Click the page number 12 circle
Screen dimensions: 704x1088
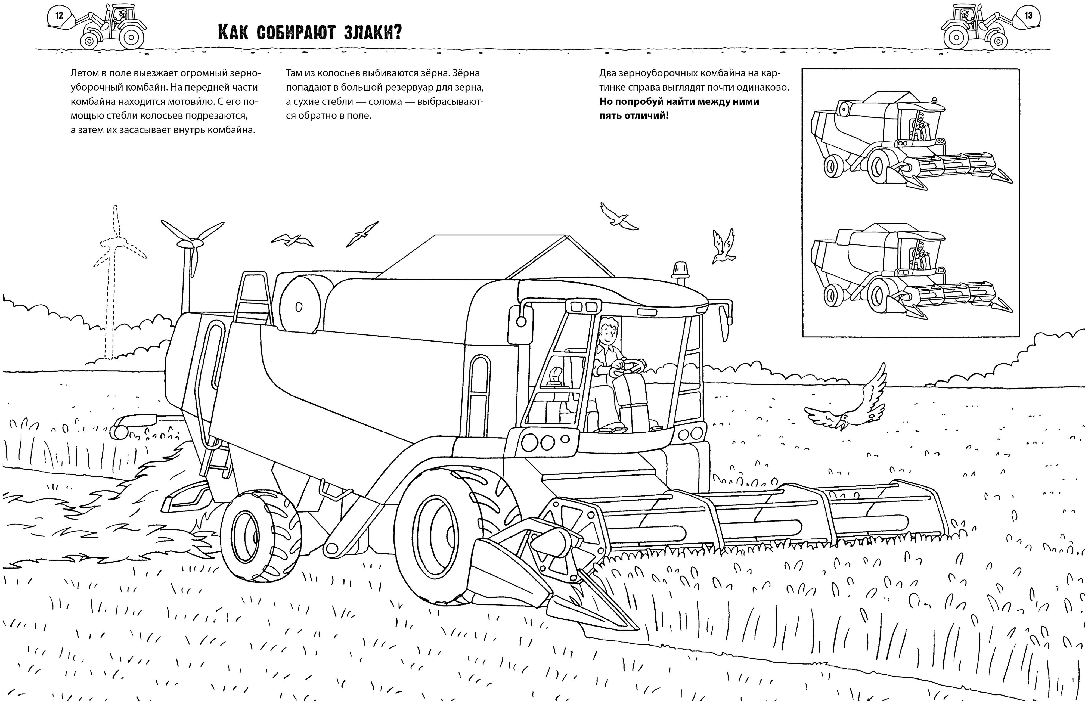click(x=59, y=15)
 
